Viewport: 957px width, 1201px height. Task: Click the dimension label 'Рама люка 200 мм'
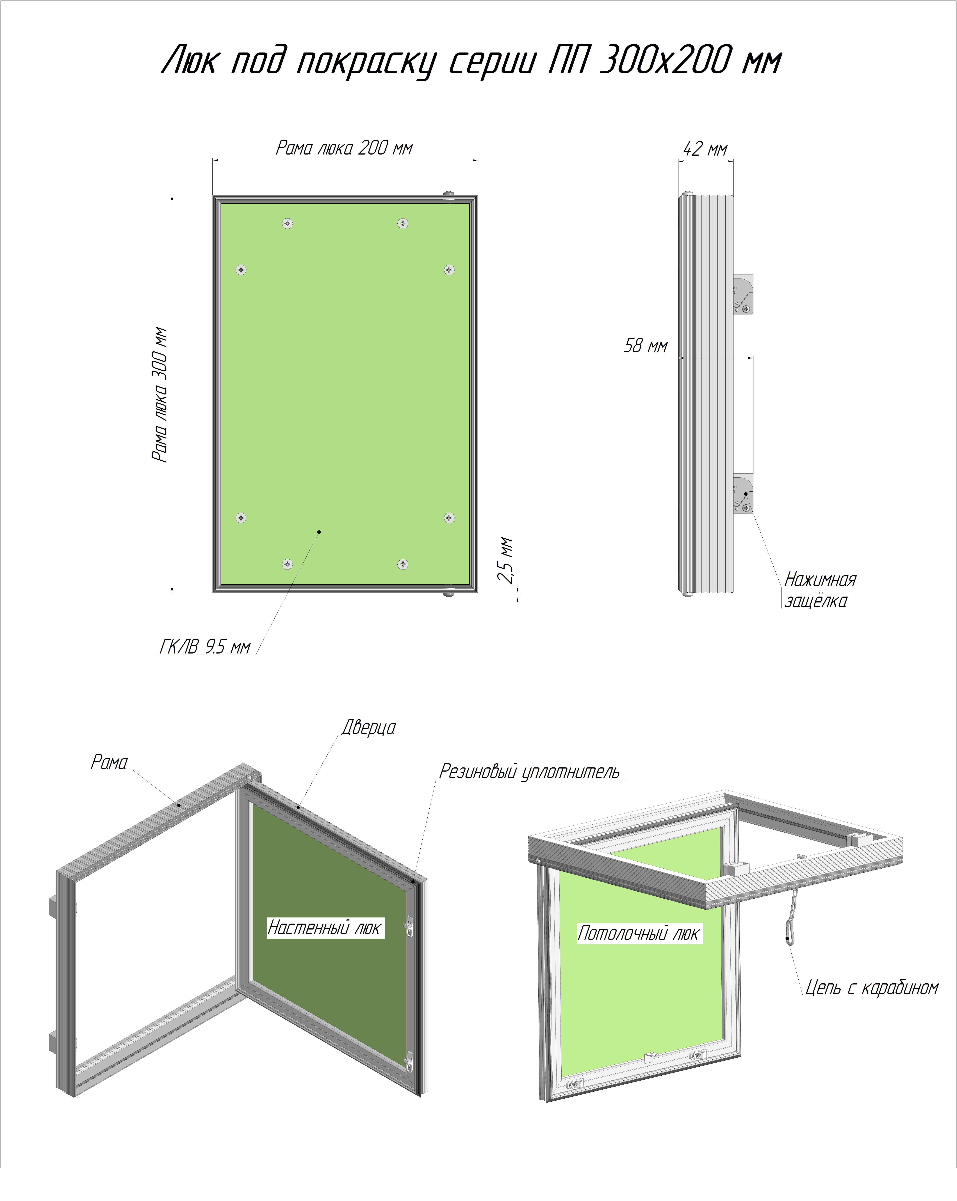click(345, 148)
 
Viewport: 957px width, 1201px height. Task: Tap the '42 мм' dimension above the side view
click(705, 149)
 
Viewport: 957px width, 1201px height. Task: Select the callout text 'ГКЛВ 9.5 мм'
click(205, 647)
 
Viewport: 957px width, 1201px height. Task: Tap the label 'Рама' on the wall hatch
click(109, 762)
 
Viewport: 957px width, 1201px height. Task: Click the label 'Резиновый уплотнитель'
click(530, 772)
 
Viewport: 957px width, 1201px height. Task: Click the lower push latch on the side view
click(743, 494)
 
